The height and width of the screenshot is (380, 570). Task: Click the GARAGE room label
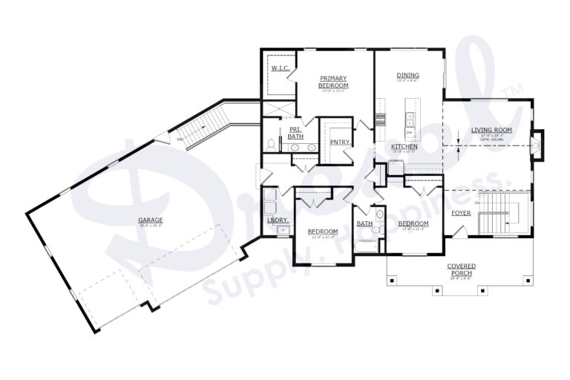150,220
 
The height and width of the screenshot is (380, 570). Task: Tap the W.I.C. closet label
280,68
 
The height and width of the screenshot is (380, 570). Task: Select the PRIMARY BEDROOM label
334,82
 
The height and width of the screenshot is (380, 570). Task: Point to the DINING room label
407,75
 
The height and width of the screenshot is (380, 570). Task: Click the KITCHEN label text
404,147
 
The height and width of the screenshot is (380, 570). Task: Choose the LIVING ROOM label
491,130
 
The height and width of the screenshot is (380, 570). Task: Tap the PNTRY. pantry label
341,141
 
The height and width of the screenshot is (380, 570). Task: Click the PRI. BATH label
295,133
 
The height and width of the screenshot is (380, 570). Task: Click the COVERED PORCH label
461,269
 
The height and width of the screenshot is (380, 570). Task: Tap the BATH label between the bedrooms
364,223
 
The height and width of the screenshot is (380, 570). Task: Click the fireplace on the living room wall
538,145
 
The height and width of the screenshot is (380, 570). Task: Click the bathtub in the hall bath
364,243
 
